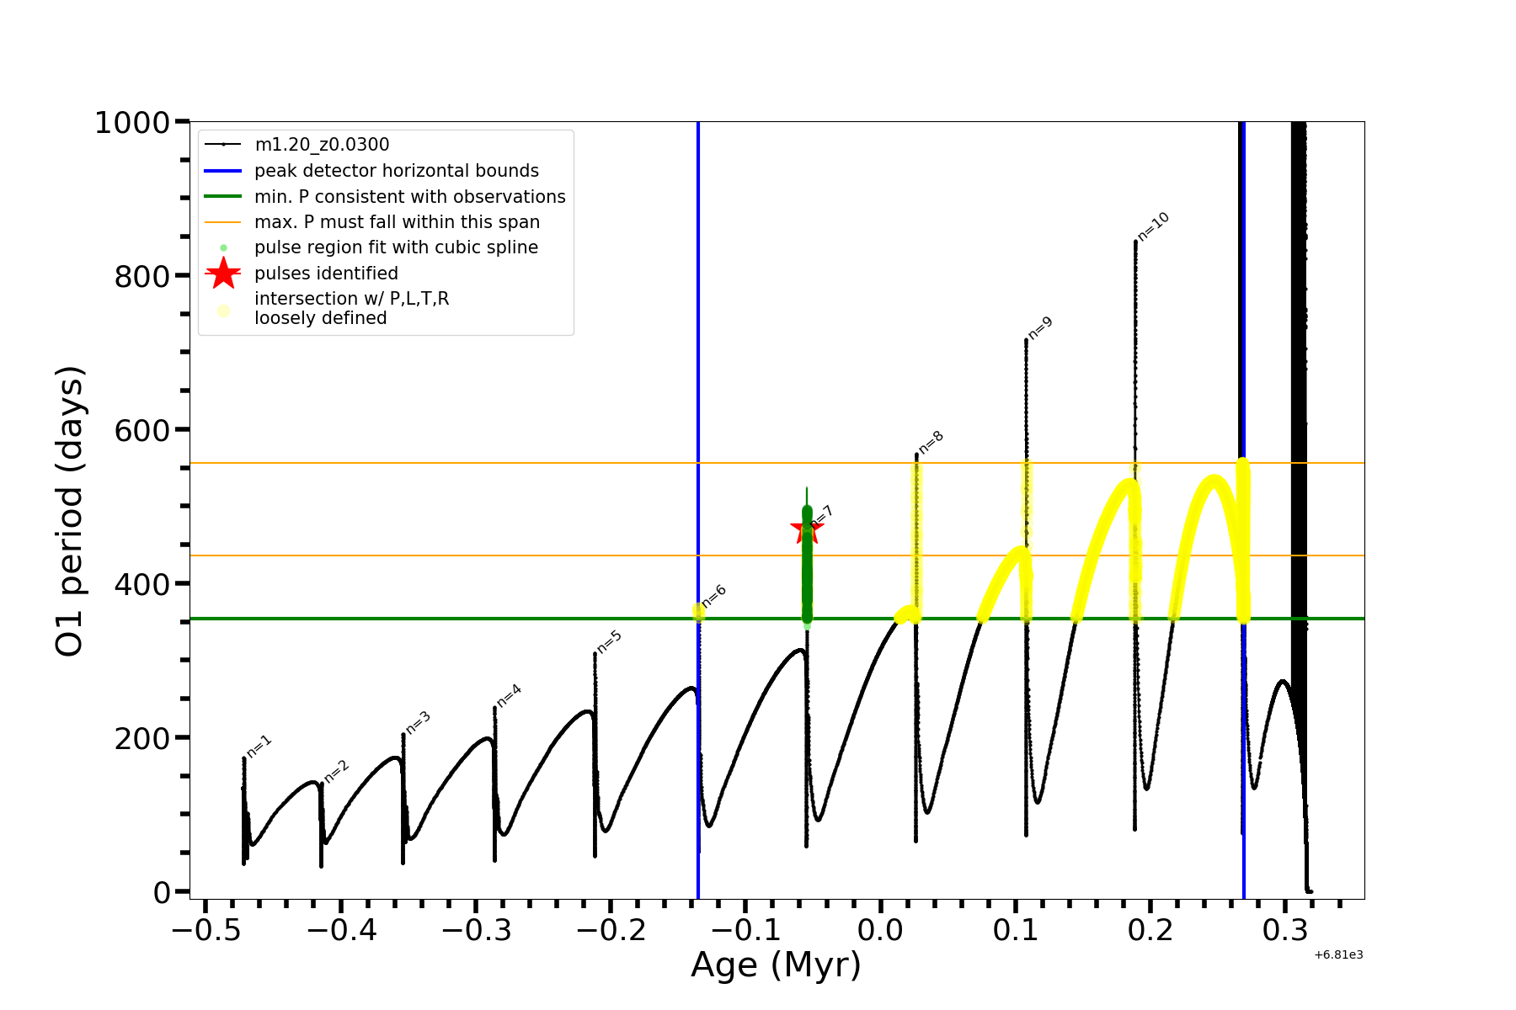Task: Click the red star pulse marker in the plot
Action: pyautogui.click(x=806, y=530)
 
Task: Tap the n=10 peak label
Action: pyautogui.click(x=1154, y=226)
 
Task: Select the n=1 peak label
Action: pyautogui.click(x=259, y=747)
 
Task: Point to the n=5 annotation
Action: pyautogui.click(x=609, y=641)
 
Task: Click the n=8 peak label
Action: pyautogui.click(x=931, y=443)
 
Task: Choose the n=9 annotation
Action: pyautogui.click(x=1041, y=328)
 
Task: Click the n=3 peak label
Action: pyautogui.click(x=419, y=722)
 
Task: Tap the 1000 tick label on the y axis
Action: pyautogui.click(x=132, y=123)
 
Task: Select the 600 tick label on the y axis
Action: pyautogui.click(x=141, y=430)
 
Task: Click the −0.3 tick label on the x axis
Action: pyautogui.click(x=476, y=931)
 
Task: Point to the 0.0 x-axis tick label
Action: pyautogui.click(x=880, y=931)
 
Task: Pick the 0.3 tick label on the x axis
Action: pyautogui.click(x=1285, y=931)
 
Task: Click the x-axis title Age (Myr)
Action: pyautogui.click(x=776, y=965)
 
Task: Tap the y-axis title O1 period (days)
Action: pyautogui.click(x=70, y=511)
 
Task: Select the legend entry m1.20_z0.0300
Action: pyautogui.click(x=322, y=145)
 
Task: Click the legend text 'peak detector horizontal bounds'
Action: pyautogui.click(x=396, y=171)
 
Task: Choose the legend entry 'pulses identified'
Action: pyautogui.click(x=326, y=274)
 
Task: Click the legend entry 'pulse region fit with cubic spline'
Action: pyautogui.click(x=396, y=247)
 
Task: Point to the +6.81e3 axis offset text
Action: pyautogui.click(x=1338, y=954)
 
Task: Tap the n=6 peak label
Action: pyautogui.click(x=714, y=596)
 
